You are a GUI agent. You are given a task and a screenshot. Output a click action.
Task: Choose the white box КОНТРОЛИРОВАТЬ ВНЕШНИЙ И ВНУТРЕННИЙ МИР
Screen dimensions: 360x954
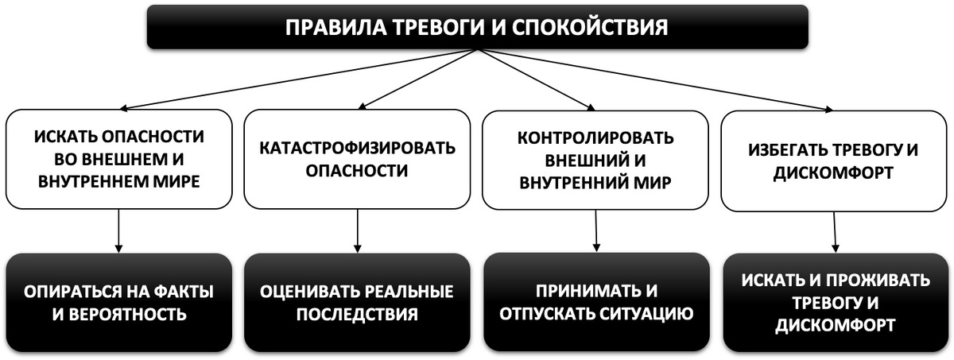(x=595, y=159)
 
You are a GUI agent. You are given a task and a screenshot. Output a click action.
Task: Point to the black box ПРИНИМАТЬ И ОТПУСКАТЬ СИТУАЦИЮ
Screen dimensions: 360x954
(x=595, y=302)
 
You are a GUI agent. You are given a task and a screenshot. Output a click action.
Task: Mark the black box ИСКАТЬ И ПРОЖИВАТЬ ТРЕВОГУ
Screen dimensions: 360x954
(x=834, y=303)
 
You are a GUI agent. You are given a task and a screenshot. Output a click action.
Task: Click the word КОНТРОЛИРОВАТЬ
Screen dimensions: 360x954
(x=595, y=137)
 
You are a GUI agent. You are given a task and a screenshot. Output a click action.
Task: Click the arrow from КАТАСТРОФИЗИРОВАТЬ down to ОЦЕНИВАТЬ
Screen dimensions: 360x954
(x=358, y=230)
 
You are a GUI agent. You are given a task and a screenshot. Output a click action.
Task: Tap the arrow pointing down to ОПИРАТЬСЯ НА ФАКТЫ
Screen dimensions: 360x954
(x=118, y=230)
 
